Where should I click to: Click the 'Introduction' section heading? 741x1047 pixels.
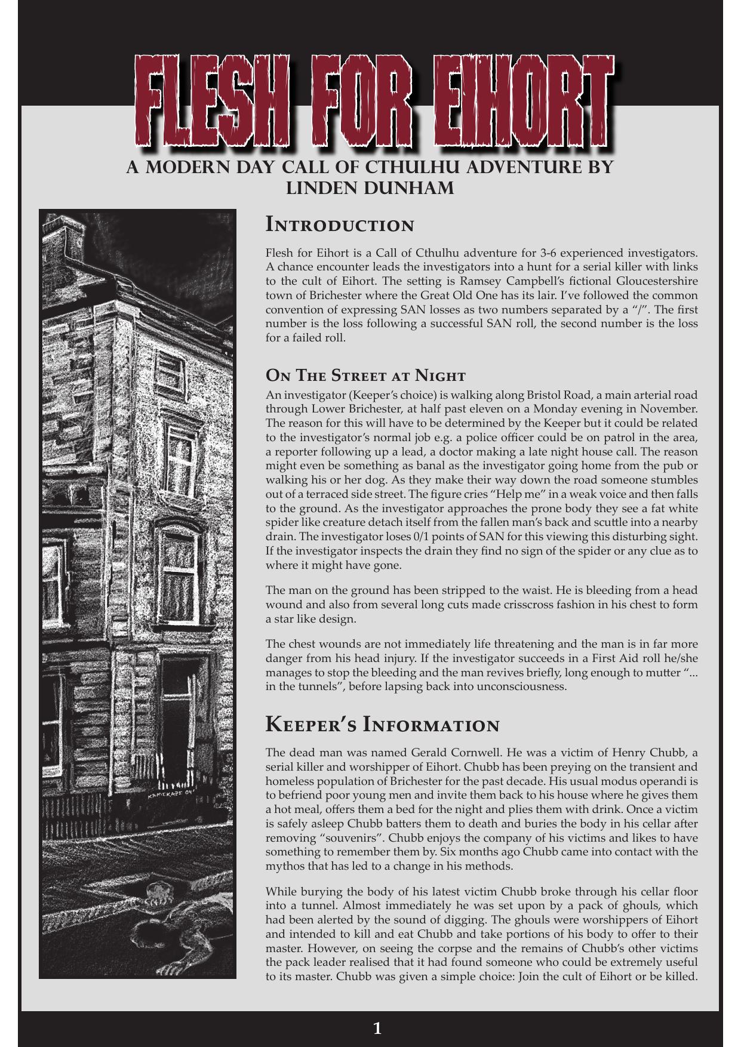(340, 226)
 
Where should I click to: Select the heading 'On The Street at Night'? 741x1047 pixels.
(365, 376)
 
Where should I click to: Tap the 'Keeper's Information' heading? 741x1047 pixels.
(382, 725)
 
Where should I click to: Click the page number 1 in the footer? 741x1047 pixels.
(377, 1028)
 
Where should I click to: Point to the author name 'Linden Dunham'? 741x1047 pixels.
(370, 188)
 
